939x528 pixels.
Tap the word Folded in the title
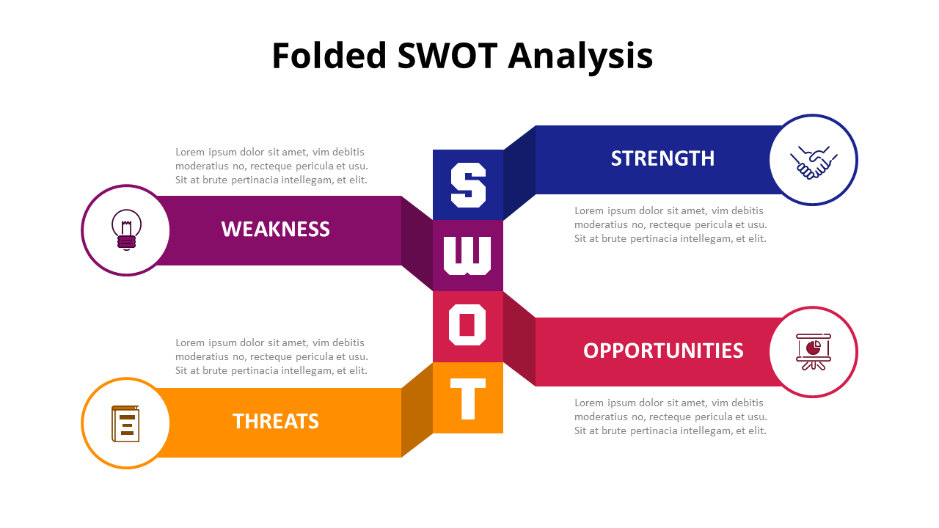pos(329,56)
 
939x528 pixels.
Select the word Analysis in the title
pos(580,57)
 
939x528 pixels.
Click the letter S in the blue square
pos(468,185)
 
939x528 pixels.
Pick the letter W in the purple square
pos(468,255)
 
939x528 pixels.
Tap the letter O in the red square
pos(468,326)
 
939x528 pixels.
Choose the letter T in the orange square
pos(468,398)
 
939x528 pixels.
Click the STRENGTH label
pos(662,158)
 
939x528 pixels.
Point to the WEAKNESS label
pos(276,229)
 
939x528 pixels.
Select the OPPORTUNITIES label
pos(663,351)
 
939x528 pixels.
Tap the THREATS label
pos(276,421)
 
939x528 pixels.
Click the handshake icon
pos(814,161)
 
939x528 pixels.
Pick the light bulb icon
pos(126,230)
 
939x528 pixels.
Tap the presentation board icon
pos(814,352)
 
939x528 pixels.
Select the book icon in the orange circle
pos(125,424)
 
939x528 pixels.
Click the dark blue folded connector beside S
pos(519,172)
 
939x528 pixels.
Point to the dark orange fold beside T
pos(417,409)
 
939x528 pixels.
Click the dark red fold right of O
pos(519,339)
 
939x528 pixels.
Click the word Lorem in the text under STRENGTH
pos(589,211)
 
